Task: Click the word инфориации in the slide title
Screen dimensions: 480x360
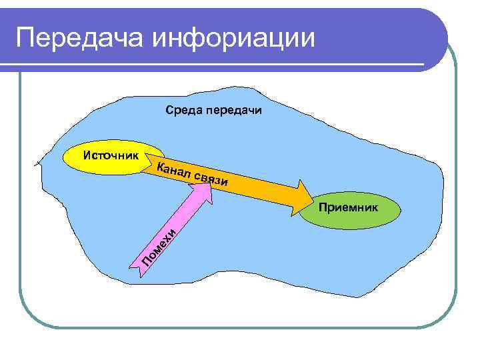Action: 233,38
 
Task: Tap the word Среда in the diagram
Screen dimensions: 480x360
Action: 182,111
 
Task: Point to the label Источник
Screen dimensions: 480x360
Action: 111,155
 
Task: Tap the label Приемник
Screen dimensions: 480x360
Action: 348,208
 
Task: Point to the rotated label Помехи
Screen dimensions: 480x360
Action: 159,245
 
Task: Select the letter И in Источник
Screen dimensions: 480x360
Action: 86,155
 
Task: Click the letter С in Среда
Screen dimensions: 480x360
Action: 169,111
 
